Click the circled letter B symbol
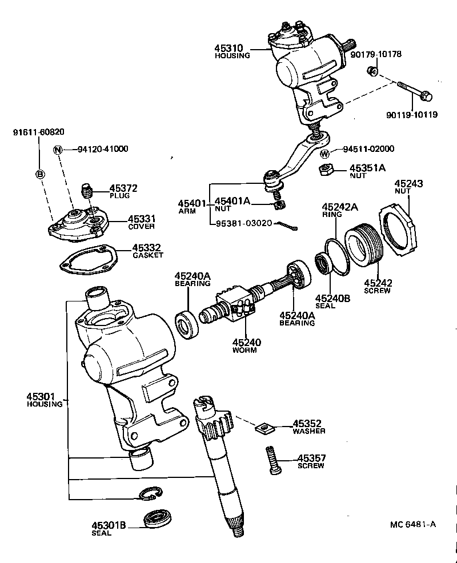40,175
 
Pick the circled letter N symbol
57,150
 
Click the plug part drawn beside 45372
87,190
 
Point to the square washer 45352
264,427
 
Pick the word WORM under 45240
244,350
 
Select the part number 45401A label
232,201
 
